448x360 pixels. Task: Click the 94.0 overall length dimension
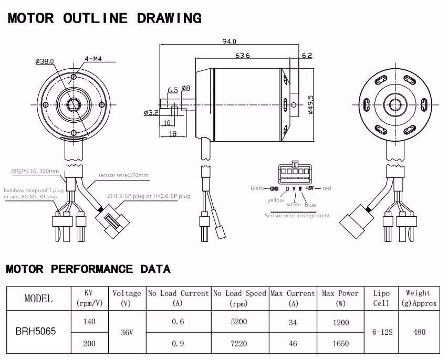(230, 41)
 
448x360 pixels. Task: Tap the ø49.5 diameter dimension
(310, 105)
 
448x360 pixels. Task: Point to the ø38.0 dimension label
(45, 61)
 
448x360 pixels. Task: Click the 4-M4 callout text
(92, 59)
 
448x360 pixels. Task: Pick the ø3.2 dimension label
(150, 112)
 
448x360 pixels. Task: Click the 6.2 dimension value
(307, 55)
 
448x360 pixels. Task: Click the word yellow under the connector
(275, 200)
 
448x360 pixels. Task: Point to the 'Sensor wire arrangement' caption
(297, 215)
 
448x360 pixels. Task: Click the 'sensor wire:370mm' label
(123, 175)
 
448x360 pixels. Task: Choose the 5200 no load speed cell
(239, 322)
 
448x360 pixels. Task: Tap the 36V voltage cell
(126, 333)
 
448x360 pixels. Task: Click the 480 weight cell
(418, 332)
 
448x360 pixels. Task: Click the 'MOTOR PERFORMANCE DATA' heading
(88, 269)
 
